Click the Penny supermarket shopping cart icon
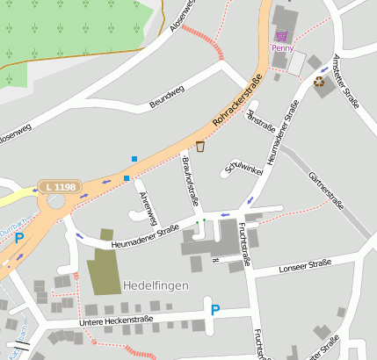tap(281, 35)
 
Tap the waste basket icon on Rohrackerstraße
tap(200, 146)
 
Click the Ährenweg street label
tap(149, 205)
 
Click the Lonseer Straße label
tap(303, 265)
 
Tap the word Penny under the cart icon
tap(282, 48)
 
